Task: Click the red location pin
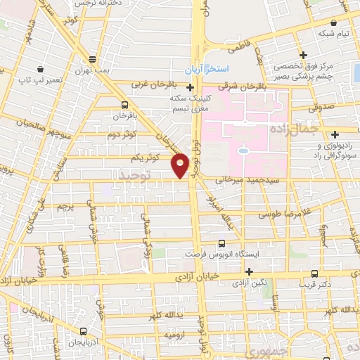pyautogui.click(x=180, y=165)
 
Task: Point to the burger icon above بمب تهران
pyautogui.click(x=93, y=58)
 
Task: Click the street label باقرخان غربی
pyautogui.click(x=154, y=84)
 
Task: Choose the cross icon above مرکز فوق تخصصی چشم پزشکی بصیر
pyautogui.click(x=303, y=55)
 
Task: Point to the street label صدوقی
pyautogui.click(x=322, y=110)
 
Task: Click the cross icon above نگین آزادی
pyautogui.click(x=248, y=271)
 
